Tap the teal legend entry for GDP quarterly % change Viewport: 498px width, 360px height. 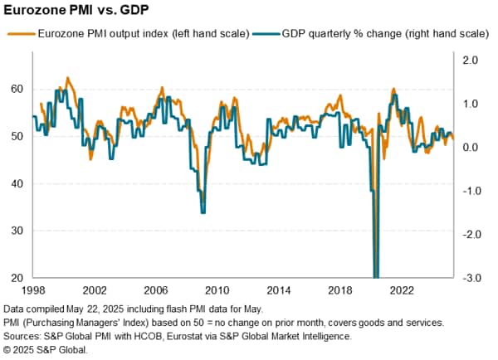point(369,34)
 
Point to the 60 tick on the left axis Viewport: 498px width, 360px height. point(17,90)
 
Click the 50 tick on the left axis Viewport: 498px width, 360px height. point(17,137)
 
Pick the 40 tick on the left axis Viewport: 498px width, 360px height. point(17,183)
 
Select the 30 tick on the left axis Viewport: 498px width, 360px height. point(17,231)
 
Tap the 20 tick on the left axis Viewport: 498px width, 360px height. point(17,278)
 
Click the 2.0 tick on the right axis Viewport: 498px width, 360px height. point(470,61)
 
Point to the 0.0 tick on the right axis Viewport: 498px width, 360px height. point(470,148)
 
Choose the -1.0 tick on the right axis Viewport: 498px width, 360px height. point(468,191)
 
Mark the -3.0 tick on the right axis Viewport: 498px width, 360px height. point(468,278)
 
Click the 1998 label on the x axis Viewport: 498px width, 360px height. point(33,291)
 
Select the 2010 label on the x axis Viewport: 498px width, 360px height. point(217,291)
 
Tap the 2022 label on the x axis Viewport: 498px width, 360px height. point(401,291)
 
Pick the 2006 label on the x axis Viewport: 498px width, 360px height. point(156,291)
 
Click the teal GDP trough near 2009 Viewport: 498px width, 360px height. point(203,212)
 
